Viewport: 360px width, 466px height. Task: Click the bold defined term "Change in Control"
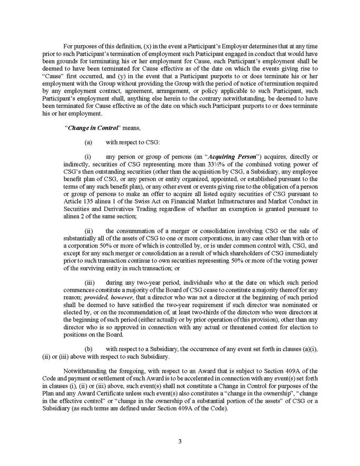click(x=87, y=127)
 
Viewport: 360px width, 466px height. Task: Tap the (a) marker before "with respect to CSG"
click(x=88, y=142)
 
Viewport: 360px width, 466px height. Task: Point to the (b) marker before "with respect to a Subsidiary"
click(x=88, y=349)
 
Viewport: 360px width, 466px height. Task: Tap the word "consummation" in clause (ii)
click(x=138, y=231)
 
